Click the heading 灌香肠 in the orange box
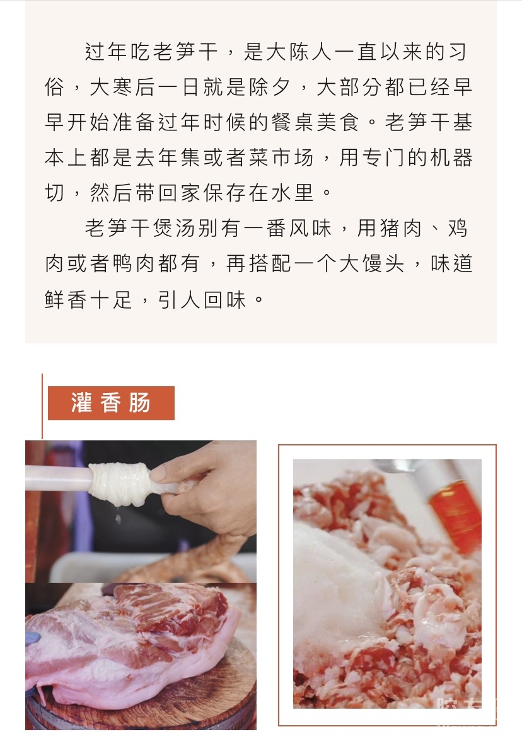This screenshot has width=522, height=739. point(111,403)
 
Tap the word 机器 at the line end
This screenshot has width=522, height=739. point(451,158)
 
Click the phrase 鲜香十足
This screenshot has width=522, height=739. point(88,300)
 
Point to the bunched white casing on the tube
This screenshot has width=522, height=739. point(120,484)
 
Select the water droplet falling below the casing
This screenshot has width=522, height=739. point(118,519)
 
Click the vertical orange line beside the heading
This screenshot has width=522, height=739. point(42,406)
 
